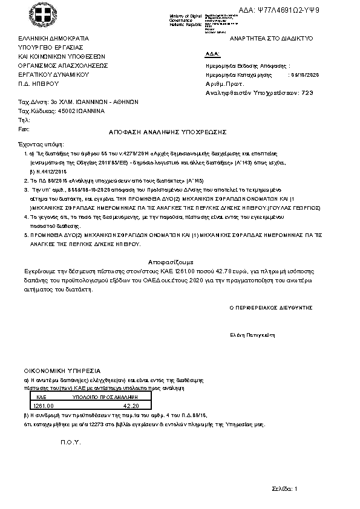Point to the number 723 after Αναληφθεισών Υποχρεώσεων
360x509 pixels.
coord(307,93)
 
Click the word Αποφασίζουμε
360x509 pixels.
coord(180,262)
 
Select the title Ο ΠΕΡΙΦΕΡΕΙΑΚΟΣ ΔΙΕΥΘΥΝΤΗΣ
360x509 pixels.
coord(271,308)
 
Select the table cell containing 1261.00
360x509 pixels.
coord(44,406)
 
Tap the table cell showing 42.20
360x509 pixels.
coord(131,406)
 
